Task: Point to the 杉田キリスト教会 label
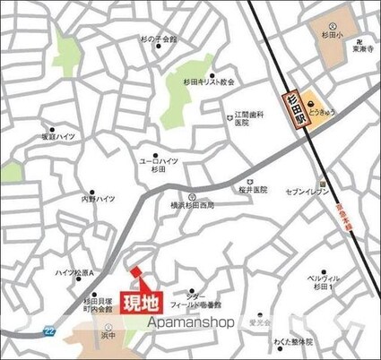(208, 81)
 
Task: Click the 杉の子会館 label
(160, 40)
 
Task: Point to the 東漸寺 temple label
(362, 50)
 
